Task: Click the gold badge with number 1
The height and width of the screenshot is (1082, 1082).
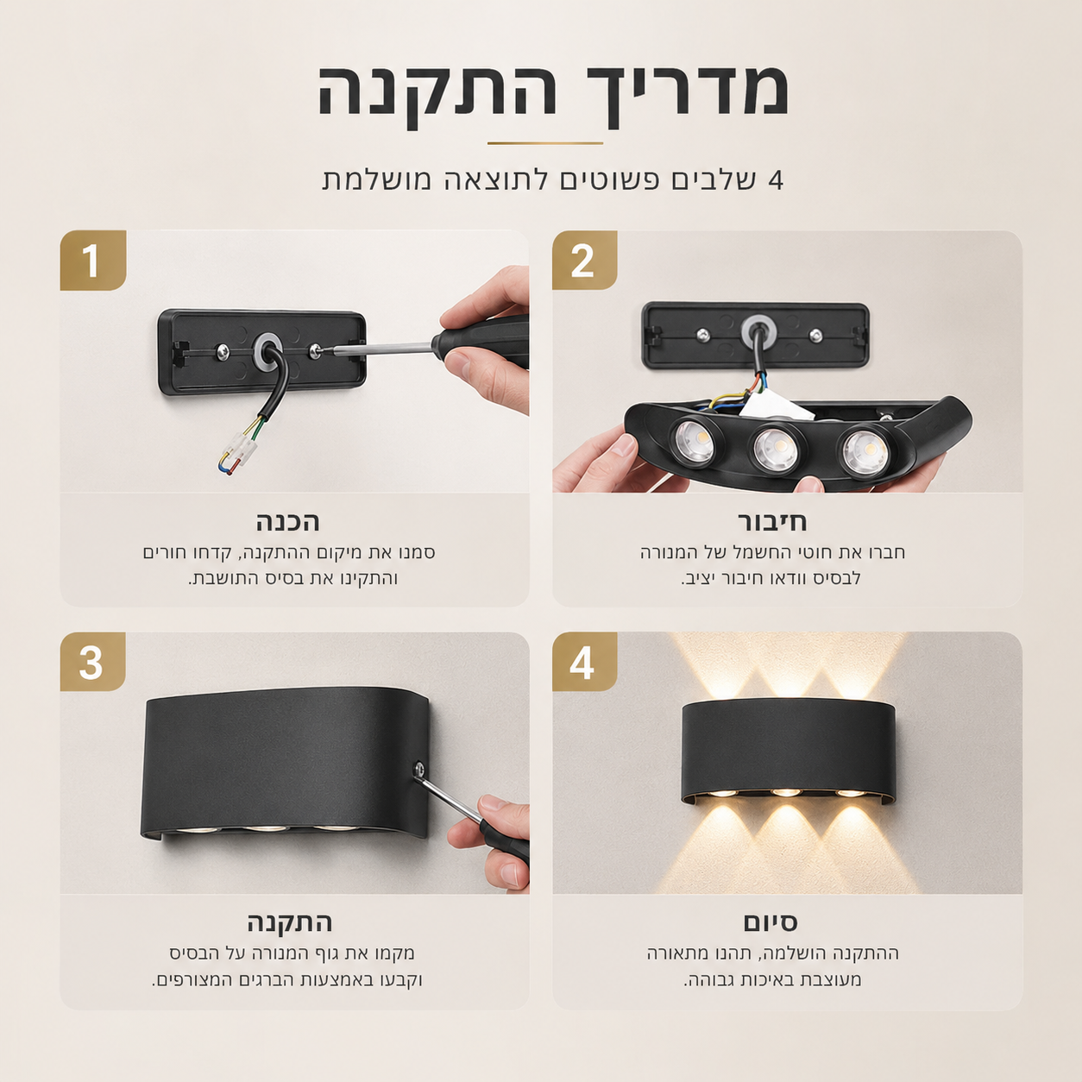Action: tap(92, 260)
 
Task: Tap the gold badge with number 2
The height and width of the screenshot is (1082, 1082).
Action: tap(584, 260)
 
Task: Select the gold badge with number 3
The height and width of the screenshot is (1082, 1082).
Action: tap(92, 662)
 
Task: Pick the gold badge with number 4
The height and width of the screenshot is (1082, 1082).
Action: tap(584, 662)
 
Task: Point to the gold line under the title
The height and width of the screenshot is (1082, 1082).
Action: tap(544, 144)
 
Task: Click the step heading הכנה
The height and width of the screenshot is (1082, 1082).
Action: tap(288, 522)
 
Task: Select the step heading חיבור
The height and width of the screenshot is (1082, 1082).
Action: tap(772, 522)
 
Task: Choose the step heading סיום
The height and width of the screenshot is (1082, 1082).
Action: tap(771, 922)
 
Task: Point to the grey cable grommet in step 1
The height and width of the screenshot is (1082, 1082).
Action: tap(267, 352)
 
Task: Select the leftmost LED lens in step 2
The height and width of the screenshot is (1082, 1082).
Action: tap(693, 441)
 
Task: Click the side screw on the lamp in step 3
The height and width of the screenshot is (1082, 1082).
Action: tap(418, 768)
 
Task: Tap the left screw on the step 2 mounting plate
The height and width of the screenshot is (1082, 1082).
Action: tap(702, 336)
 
